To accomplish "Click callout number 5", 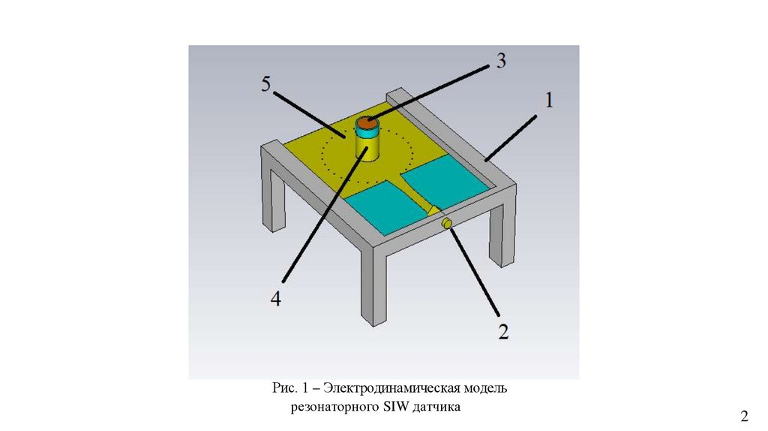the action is [x=266, y=84].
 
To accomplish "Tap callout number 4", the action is [x=276, y=298].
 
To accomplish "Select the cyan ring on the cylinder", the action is [x=367, y=132].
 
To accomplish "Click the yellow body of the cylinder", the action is [x=367, y=147].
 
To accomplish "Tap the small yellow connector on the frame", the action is [x=445, y=223].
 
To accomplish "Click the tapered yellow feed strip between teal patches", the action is [x=417, y=197].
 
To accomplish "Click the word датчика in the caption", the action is [x=441, y=407].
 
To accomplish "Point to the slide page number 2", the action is [x=745, y=417].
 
